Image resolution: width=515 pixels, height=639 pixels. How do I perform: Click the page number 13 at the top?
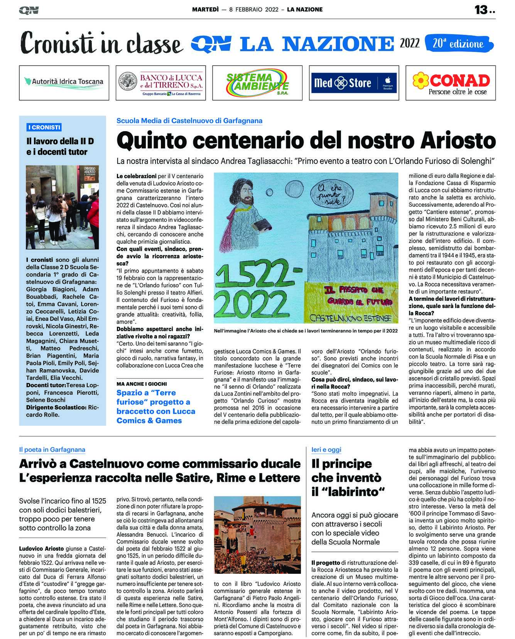(x=481, y=10)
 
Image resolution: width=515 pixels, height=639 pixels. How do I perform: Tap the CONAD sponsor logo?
(x=451, y=83)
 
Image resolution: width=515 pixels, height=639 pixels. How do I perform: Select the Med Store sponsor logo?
(x=354, y=83)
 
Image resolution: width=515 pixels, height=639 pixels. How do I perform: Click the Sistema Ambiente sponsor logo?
(x=257, y=83)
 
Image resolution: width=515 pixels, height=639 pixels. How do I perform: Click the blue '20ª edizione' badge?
(x=459, y=44)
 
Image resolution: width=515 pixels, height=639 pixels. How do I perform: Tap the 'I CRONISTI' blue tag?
(x=44, y=127)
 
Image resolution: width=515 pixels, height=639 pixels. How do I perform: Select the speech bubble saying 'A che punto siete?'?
(x=331, y=194)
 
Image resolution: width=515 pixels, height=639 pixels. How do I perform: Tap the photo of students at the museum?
(x=62, y=207)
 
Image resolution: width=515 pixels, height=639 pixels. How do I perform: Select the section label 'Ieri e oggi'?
(x=326, y=449)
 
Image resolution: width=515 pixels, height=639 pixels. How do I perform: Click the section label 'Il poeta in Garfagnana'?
(x=52, y=449)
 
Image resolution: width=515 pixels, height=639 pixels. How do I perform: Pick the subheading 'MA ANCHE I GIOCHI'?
(x=142, y=384)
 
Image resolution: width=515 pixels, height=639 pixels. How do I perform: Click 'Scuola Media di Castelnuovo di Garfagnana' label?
(x=189, y=121)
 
